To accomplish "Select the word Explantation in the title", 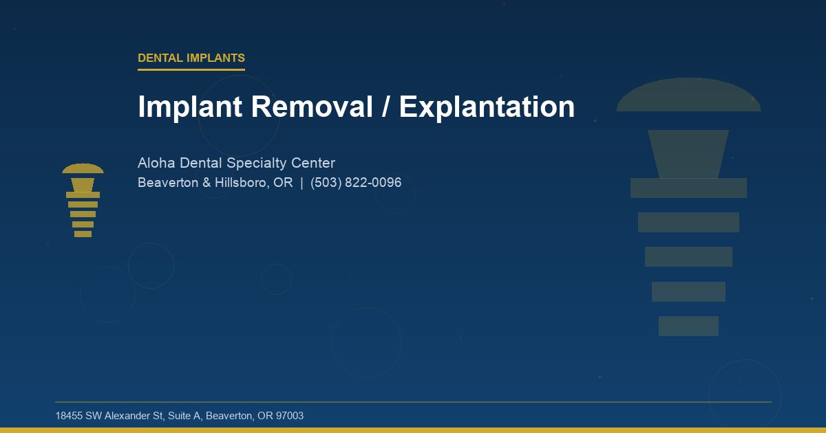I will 487,107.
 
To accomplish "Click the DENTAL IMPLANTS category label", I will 191,58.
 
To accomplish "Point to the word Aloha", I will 156,164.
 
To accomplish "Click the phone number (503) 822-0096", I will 356,184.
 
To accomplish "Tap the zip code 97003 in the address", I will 289,416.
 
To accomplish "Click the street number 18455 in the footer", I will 69,416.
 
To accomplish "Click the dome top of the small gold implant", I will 83,169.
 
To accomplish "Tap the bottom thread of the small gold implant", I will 83,234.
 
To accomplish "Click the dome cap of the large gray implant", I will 688,96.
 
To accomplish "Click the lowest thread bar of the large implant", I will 688,326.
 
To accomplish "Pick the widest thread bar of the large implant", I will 688,188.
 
